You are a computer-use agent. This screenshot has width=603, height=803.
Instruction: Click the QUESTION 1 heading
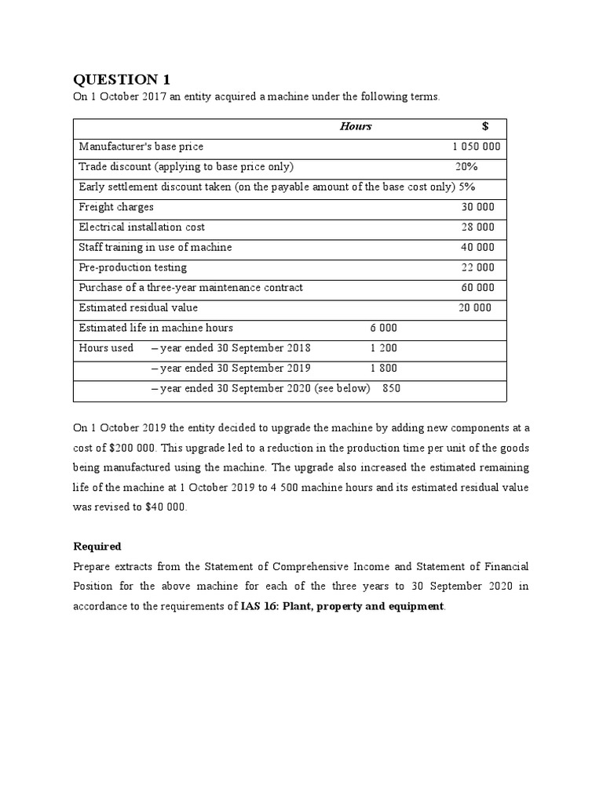coord(121,79)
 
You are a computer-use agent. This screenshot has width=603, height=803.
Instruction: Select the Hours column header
coord(356,126)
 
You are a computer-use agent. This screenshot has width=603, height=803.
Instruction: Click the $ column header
coord(485,126)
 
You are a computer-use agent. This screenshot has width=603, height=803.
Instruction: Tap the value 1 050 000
coord(477,147)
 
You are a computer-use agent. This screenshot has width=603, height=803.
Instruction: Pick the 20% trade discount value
coord(466,166)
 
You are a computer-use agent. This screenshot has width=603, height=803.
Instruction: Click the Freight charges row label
coord(116,207)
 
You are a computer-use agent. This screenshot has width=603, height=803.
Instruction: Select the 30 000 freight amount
coord(477,207)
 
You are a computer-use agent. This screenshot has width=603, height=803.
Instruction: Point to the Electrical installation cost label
coord(142,227)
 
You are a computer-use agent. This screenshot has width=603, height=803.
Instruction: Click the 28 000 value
coord(477,227)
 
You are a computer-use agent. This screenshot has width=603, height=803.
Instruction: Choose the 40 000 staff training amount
coord(477,247)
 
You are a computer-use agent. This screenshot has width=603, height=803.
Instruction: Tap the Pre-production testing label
coord(133,267)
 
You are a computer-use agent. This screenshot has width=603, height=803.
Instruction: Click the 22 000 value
coord(477,267)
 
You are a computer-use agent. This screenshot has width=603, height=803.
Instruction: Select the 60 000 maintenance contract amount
coord(477,288)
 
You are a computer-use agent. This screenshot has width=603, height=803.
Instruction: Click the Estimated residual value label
coord(138,307)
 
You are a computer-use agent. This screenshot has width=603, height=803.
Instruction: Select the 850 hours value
coord(391,388)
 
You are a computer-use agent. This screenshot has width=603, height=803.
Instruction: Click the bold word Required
coord(97,546)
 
